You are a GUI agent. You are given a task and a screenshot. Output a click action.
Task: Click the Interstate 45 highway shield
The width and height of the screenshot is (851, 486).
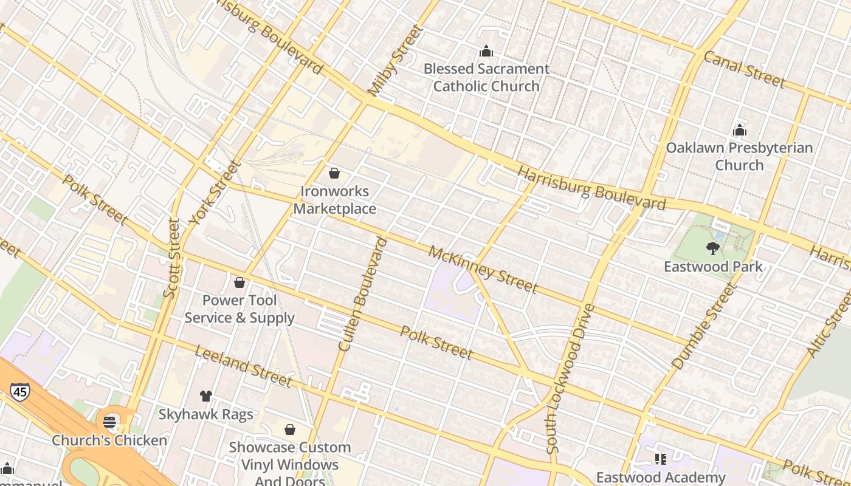coord(19,392)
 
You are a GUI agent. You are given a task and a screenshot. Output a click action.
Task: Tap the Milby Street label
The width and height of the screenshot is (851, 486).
coord(395,61)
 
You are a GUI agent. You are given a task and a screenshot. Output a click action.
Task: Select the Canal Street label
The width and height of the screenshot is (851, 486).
coord(745,69)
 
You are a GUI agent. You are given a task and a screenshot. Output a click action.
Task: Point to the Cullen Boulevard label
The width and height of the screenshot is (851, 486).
coord(363,294)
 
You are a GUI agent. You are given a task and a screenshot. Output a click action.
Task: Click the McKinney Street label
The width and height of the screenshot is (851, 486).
coord(483,269)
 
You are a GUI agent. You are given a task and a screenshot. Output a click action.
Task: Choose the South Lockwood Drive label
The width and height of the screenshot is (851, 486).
coord(570,379)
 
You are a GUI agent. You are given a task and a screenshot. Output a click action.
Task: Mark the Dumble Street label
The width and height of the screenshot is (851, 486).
coord(705,326)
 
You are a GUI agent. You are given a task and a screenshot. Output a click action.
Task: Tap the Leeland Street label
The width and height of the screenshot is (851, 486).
coord(243,366)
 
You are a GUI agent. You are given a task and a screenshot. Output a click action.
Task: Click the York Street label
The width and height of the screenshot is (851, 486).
coord(215,193)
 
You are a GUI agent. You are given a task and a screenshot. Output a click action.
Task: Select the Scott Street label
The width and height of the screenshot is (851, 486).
coord(172,258)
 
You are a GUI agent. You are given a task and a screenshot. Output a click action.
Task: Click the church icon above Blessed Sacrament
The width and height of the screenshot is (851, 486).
coord(486,51)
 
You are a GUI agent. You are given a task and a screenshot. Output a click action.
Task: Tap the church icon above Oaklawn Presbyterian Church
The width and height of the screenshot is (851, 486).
coord(739,130)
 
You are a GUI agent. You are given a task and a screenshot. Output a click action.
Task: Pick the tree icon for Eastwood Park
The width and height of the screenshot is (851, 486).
coord(712,248)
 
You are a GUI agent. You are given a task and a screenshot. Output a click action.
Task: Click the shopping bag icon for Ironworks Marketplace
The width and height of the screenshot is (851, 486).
coord(334,173)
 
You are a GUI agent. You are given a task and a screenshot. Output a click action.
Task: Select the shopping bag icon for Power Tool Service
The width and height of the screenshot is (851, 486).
coord(239,282)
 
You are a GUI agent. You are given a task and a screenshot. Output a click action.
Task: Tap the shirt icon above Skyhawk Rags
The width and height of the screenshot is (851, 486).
coord(206,396)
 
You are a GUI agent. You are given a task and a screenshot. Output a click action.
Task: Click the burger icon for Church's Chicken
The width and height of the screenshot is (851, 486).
coord(109,422)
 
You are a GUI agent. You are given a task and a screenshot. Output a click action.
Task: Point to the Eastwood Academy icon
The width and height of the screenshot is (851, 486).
coord(661,459)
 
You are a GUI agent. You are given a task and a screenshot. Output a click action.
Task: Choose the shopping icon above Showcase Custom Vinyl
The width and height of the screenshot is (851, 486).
coord(290,430)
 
